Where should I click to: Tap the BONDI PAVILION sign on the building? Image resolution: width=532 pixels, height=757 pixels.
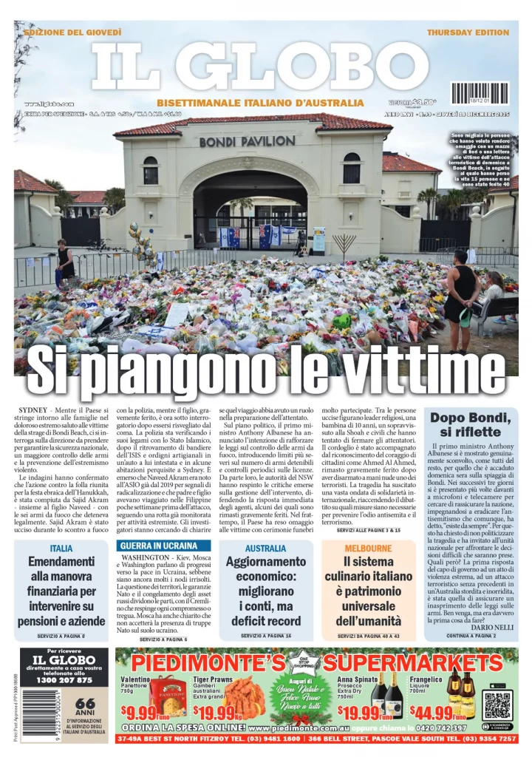point(247,140)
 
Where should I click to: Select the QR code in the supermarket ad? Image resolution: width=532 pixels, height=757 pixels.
point(497,705)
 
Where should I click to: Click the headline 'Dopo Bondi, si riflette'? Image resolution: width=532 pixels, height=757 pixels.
point(471,424)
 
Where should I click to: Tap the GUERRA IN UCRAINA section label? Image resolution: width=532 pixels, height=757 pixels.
point(159,546)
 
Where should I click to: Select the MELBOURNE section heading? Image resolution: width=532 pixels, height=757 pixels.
point(367,549)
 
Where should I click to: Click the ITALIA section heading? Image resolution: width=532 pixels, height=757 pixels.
point(61,549)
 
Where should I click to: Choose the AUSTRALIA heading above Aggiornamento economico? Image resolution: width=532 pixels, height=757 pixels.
point(265,549)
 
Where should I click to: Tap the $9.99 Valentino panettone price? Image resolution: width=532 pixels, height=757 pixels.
point(145,713)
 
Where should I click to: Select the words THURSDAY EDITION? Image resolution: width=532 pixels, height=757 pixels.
point(468,33)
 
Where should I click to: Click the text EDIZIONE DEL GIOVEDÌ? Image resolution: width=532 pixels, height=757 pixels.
point(72,33)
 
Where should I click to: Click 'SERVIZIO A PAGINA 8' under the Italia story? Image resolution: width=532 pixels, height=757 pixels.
point(61,636)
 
